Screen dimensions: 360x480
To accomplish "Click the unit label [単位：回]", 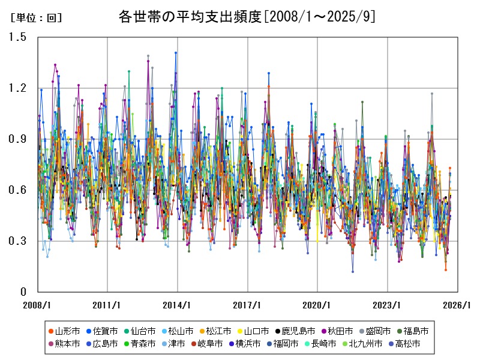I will point(37,18).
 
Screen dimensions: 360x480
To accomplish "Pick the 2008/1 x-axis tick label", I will point(38,304).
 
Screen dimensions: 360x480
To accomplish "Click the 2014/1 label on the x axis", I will point(178,304).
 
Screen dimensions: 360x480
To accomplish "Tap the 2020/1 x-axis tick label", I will point(318,304).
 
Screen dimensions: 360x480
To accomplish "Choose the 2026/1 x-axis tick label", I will point(458,304).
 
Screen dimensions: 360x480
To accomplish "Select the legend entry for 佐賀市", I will point(106,331).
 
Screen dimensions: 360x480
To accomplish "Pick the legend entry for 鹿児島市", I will point(298,331).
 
